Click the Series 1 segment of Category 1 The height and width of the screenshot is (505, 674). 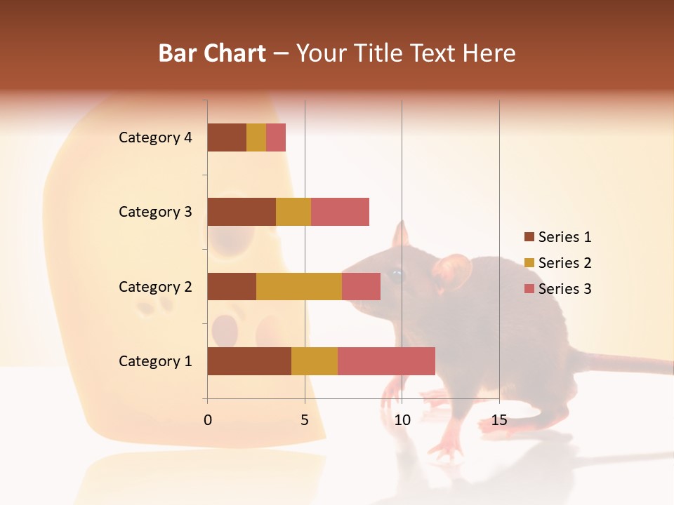(249, 361)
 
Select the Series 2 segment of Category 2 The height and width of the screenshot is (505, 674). (299, 286)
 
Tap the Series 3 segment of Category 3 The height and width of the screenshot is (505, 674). (340, 212)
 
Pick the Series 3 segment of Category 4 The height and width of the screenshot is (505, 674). (276, 137)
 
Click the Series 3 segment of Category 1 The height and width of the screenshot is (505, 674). (386, 361)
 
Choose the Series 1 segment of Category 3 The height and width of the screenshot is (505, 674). (242, 212)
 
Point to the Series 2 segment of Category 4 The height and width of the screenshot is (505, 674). (256, 137)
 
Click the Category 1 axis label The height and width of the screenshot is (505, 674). (155, 361)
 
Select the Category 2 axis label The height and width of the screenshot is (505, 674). (155, 286)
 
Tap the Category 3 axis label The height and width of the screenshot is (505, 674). (155, 212)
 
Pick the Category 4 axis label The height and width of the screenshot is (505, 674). (155, 137)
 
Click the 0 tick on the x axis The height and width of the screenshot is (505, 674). (208, 420)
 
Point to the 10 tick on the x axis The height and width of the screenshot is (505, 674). (402, 420)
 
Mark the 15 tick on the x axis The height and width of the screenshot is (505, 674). (499, 420)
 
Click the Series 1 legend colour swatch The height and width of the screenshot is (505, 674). (529, 237)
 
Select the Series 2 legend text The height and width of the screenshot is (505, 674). (564, 263)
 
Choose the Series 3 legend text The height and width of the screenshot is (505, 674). (564, 289)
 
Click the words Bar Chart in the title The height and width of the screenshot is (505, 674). (212, 53)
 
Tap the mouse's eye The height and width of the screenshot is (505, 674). (397, 274)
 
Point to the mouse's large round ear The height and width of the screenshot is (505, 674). (453, 272)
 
